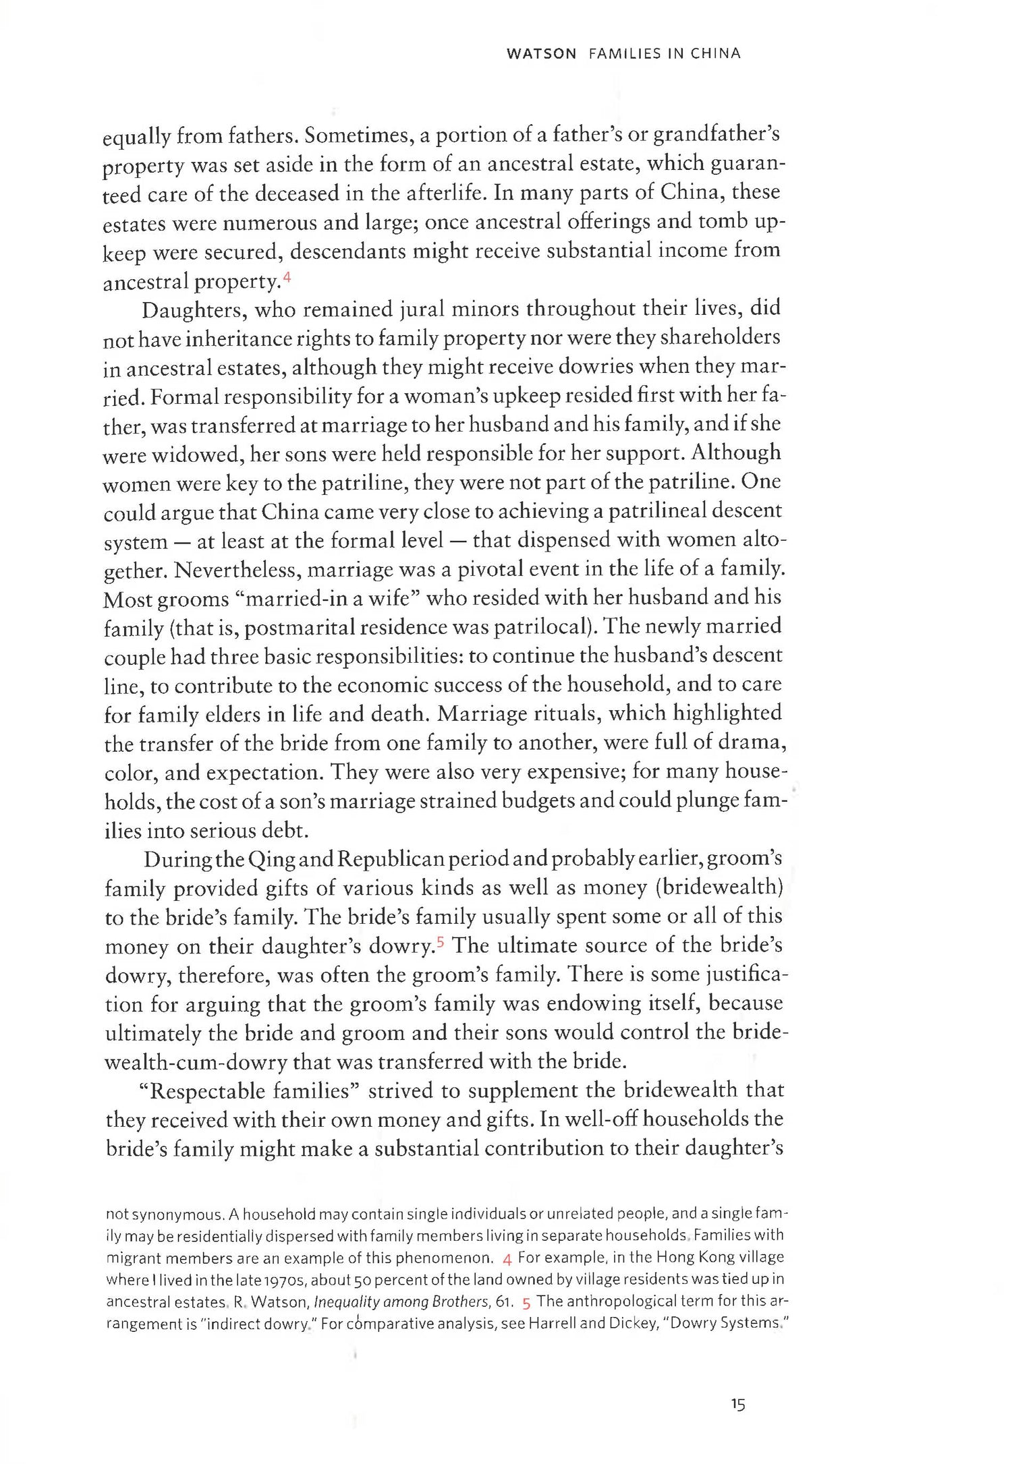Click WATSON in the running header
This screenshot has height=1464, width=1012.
[541, 54]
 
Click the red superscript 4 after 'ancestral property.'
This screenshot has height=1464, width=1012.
[287, 276]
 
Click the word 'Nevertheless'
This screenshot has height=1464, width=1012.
[237, 570]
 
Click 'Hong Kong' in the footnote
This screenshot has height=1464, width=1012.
[691, 1258]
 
